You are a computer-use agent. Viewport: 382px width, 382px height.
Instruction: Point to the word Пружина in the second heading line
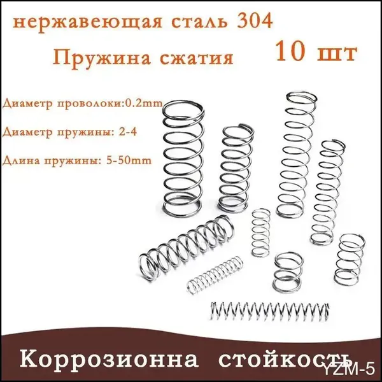[102, 58]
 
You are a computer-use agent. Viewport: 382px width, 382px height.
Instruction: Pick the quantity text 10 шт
[316, 52]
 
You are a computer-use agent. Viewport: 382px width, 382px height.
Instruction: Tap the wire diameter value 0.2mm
[144, 103]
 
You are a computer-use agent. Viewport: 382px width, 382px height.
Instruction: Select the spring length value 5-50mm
[129, 160]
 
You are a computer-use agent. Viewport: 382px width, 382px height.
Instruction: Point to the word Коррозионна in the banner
[109, 359]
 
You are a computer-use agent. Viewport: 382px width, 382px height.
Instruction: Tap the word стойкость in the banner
[285, 360]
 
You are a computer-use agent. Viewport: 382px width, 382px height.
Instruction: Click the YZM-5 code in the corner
[349, 369]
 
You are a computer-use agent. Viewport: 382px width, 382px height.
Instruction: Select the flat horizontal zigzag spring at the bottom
[270, 311]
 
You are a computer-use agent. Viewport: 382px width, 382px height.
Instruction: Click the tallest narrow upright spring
[297, 155]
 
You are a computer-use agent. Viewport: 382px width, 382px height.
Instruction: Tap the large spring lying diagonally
[187, 248]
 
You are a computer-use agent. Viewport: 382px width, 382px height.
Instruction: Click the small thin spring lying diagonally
[215, 274]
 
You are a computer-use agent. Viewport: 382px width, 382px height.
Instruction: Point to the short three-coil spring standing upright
[288, 272]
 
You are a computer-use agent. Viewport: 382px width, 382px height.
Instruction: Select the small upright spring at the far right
[350, 260]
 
